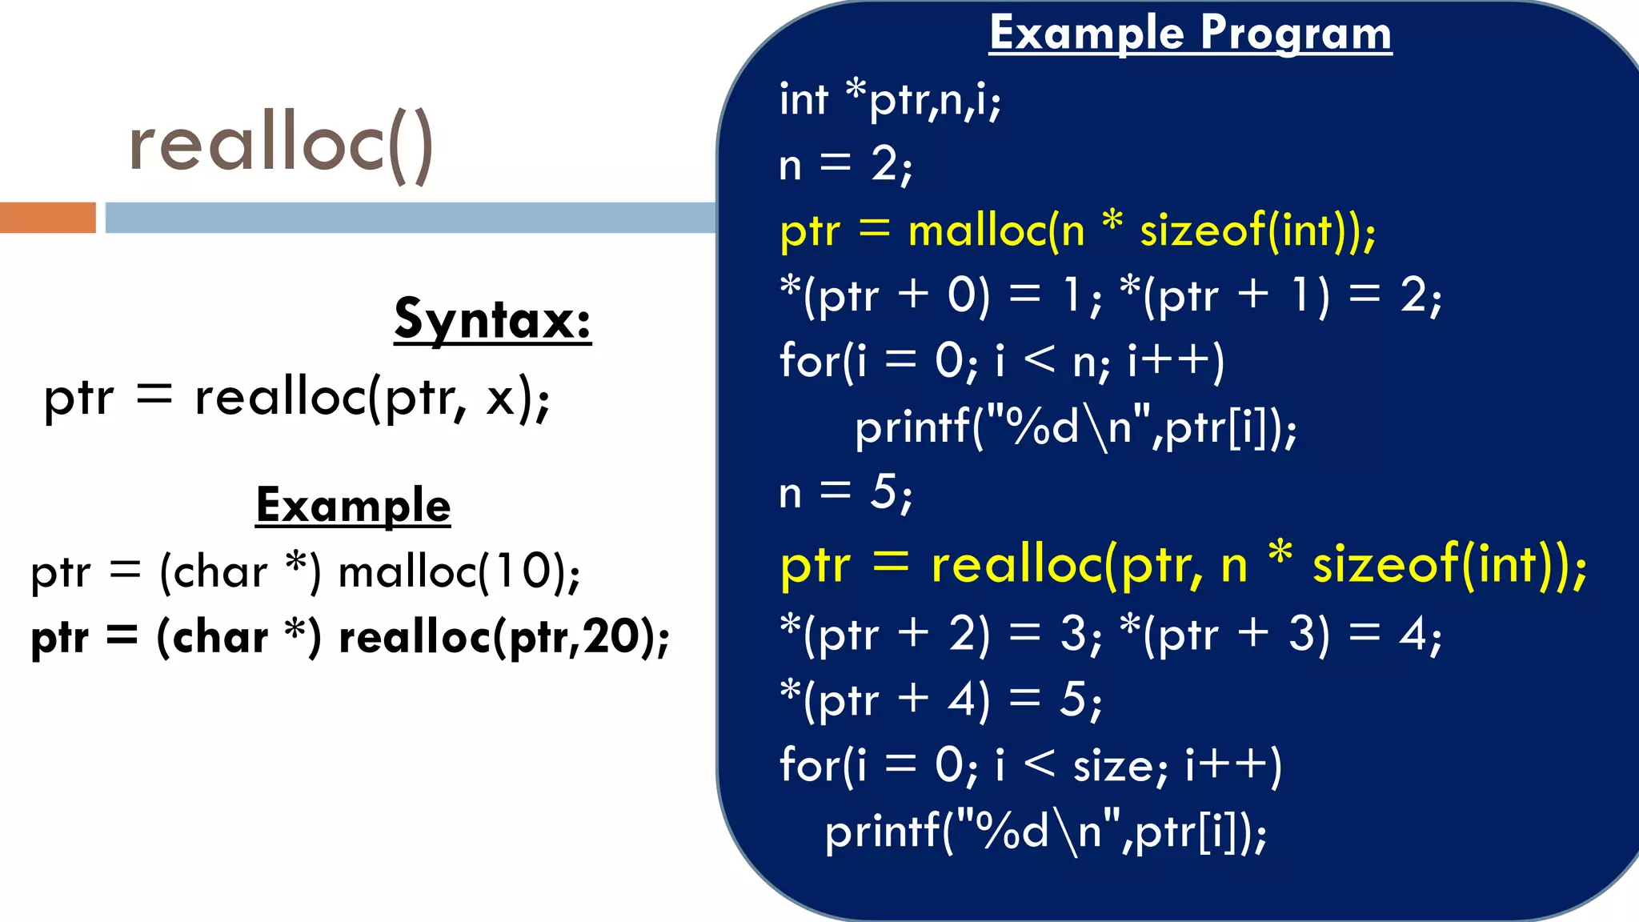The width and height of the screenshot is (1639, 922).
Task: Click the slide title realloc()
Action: coord(281,144)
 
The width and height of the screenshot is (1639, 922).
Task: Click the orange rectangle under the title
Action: coord(47,218)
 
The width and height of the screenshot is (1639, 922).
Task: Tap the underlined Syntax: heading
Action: coord(492,319)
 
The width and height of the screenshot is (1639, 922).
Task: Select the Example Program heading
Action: coord(1190,34)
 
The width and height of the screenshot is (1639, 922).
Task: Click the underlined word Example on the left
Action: coord(353,506)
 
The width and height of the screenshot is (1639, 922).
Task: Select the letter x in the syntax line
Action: coord(500,398)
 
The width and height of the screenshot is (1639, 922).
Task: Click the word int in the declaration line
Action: coord(803,100)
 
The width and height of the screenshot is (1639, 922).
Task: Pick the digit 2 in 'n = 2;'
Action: coord(885,165)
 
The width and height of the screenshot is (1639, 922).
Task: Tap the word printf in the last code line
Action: coord(882,832)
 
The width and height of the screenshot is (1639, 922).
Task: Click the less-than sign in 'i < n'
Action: coord(1040,360)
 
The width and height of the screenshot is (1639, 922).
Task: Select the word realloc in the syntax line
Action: coord(279,398)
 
